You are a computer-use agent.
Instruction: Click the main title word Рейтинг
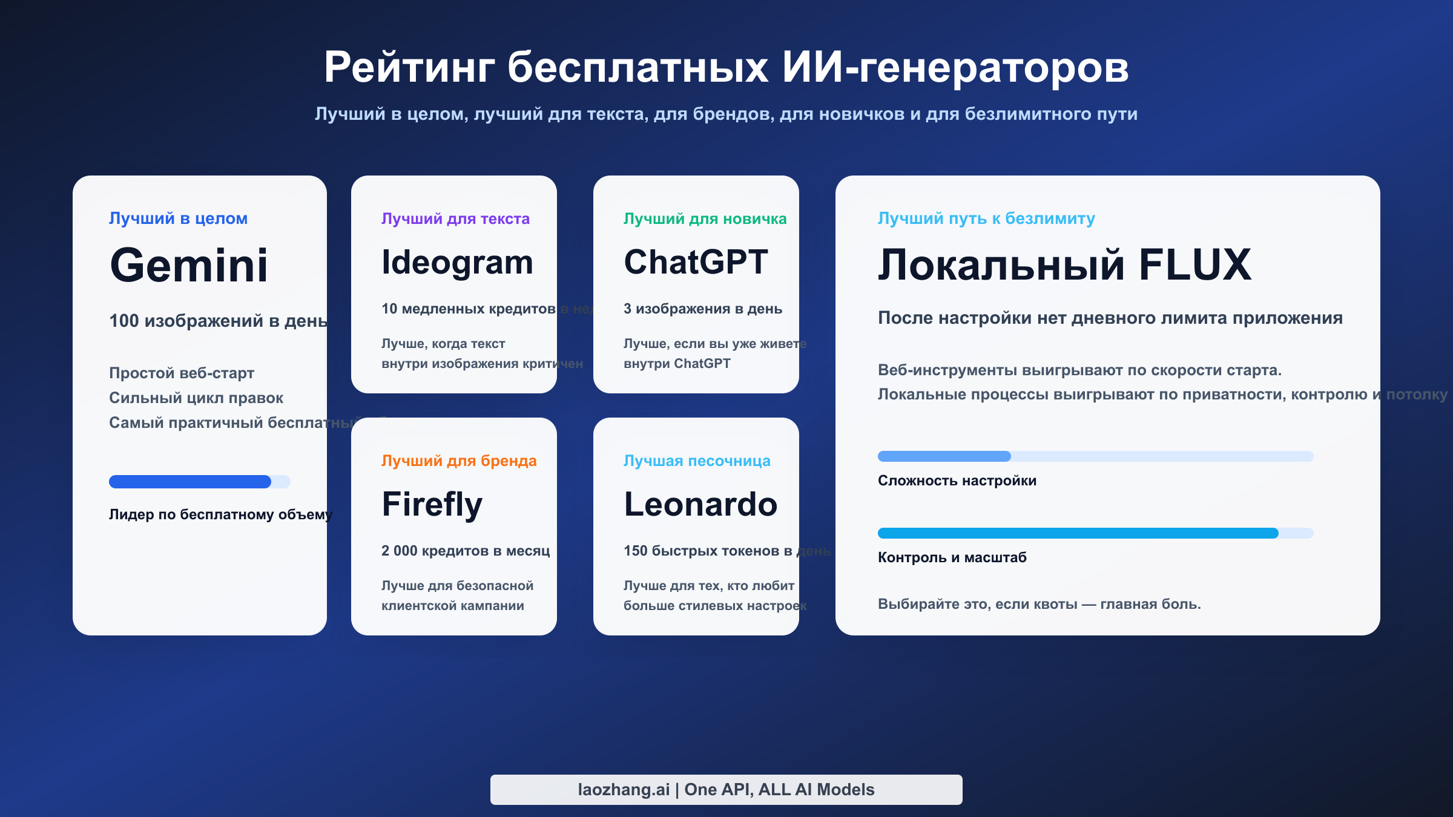(409, 68)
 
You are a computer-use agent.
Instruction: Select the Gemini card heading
(189, 266)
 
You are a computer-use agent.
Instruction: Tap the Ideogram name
(457, 263)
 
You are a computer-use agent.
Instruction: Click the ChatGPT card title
(696, 263)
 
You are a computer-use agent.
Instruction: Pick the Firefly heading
(432, 505)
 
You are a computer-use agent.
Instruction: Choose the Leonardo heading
(700, 505)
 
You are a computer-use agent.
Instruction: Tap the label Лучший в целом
(178, 218)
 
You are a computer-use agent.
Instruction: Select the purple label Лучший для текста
(455, 218)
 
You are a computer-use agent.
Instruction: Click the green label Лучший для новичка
(705, 218)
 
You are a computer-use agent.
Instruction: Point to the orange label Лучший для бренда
(459, 461)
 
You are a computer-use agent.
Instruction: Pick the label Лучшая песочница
(697, 461)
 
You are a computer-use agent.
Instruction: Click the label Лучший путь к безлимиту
(986, 218)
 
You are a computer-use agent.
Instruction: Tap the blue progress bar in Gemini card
(190, 482)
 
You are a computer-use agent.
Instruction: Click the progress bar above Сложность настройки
(1095, 456)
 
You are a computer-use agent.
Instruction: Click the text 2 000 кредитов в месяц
(466, 551)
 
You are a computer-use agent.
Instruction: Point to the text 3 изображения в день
(703, 309)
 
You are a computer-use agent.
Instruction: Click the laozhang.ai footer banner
(726, 790)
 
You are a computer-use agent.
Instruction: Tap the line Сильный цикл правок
(196, 398)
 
